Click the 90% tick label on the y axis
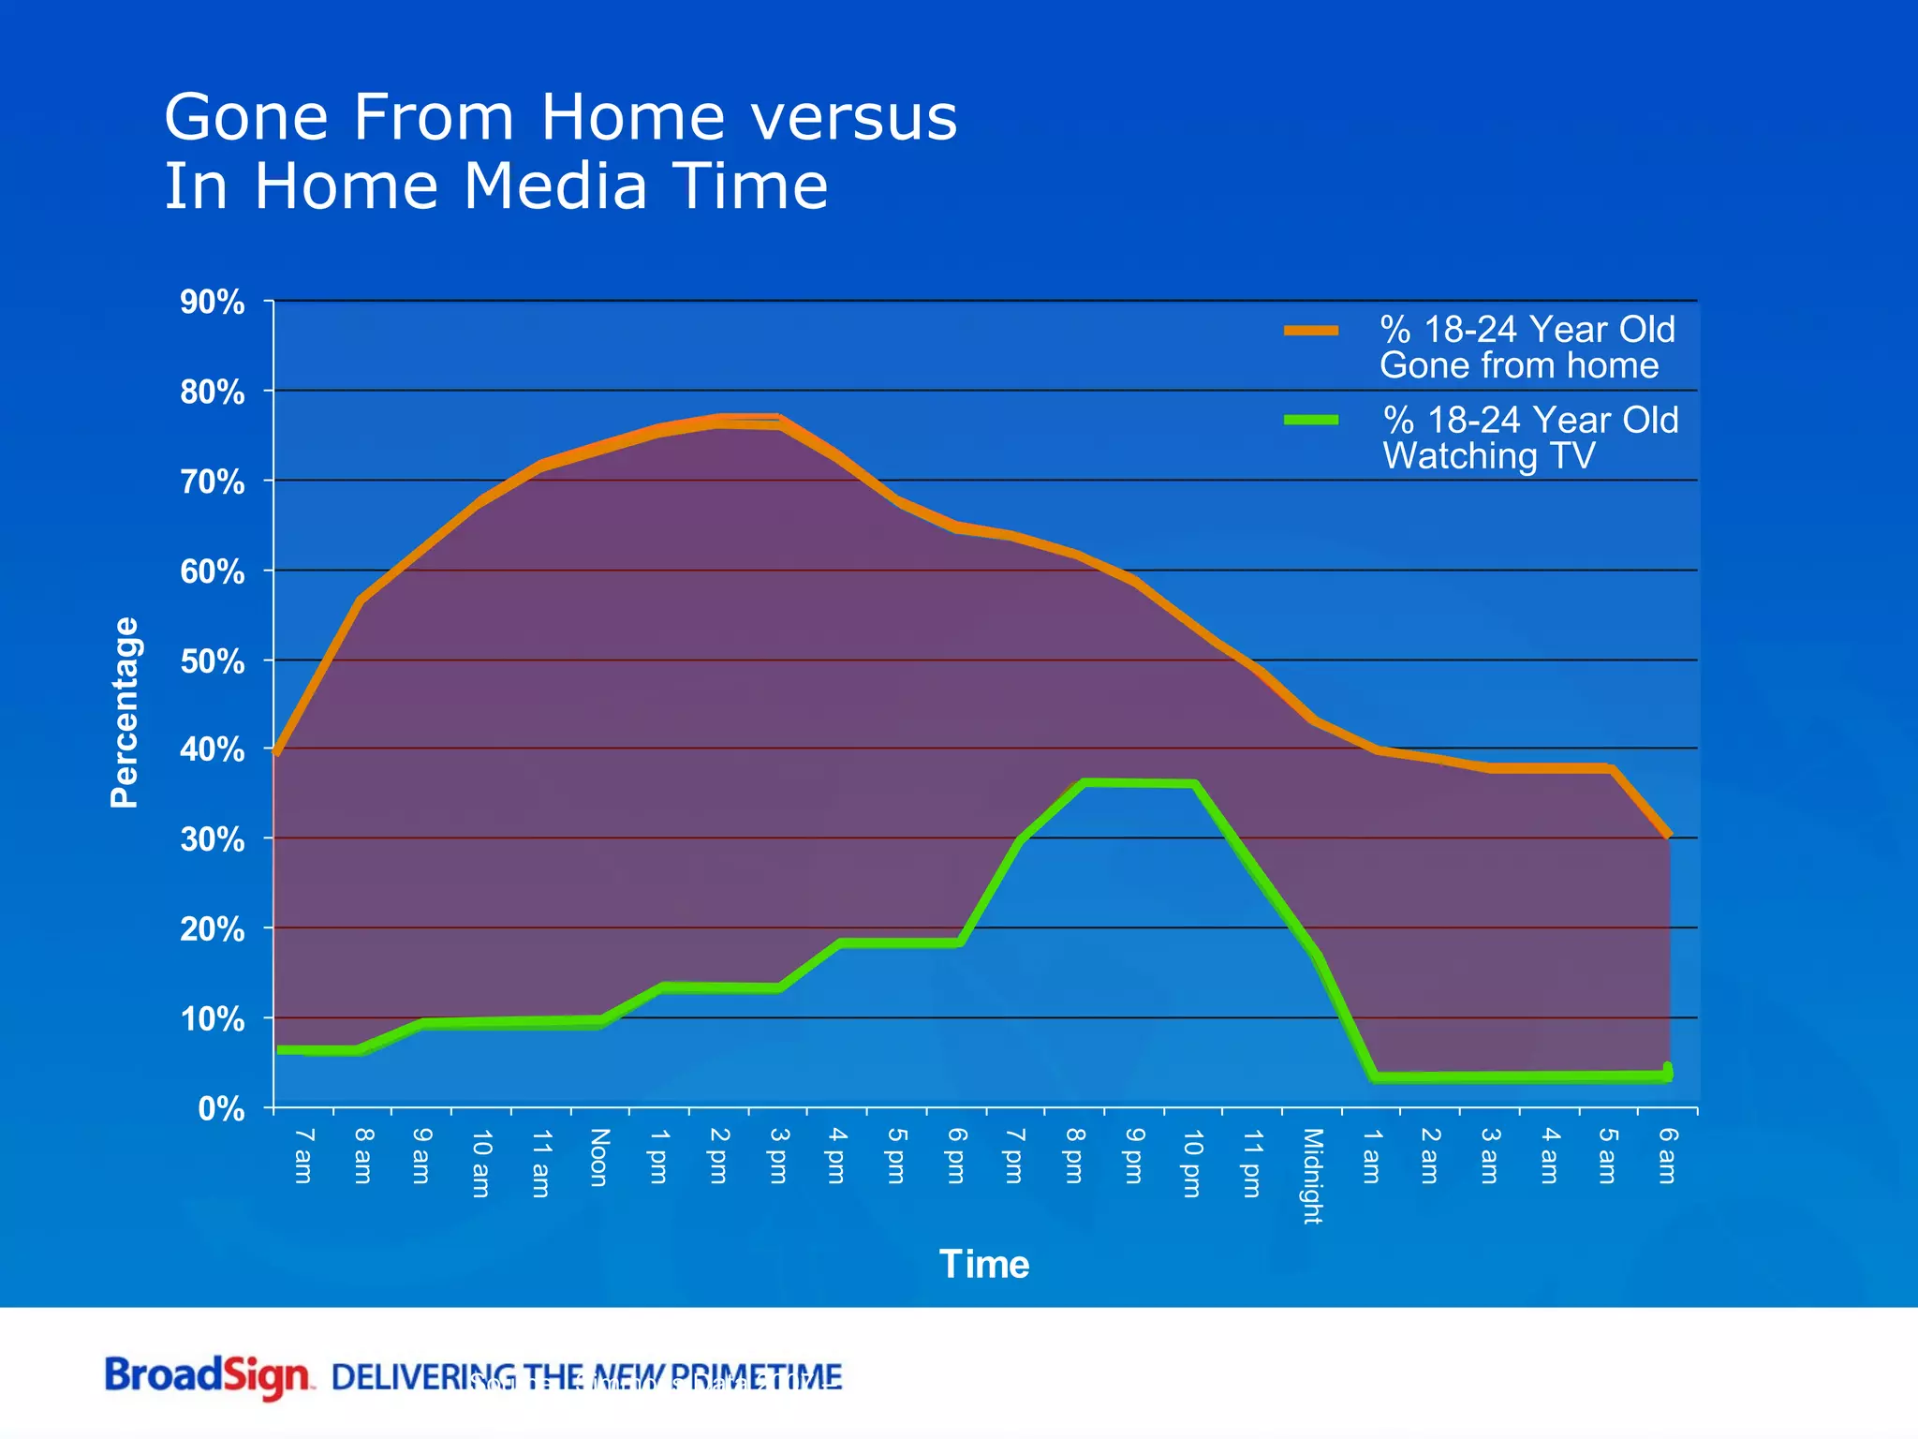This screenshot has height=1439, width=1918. pyautogui.click(x=213, y=303)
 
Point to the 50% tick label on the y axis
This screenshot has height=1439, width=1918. pyautogui.click(x=213, y=662)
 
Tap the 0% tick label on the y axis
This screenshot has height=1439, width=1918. pyautogui.click(x=222, y=1109)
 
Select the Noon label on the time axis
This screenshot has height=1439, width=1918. pyautogui.click(x=600, y=1157)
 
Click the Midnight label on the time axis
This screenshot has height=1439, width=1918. pyautogui.click(x=1312, y=1176)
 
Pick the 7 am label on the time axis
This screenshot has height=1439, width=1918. pyautogui.click(x=303, y=1155)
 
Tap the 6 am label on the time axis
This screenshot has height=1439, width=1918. pyautogui.click(x=1668, y=1155)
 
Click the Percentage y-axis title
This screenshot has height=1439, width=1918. pyautogui.click(x=125, y=712)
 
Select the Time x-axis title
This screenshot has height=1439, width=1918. pyautogui.click(x=984, y=1265)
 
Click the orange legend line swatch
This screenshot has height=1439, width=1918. pyautogui.click(x=1311, y=330)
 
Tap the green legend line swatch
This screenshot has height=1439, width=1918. pyautogui.click(x=1311, y=420)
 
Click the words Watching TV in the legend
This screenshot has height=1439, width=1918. pyautogui.click(x=1489, y=456)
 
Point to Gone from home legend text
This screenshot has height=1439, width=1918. pyautogui.click(x=1518, y=365)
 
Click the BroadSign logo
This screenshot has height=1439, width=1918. pyautogui.click(x=208, y=1377)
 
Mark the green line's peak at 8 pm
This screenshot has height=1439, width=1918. pyautogui.click(x=1084, y=782)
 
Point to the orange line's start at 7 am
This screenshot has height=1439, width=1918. pyautogui.click(x=277, y=751)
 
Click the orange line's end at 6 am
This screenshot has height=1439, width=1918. pyautogui.click(x=1668, y=834)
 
